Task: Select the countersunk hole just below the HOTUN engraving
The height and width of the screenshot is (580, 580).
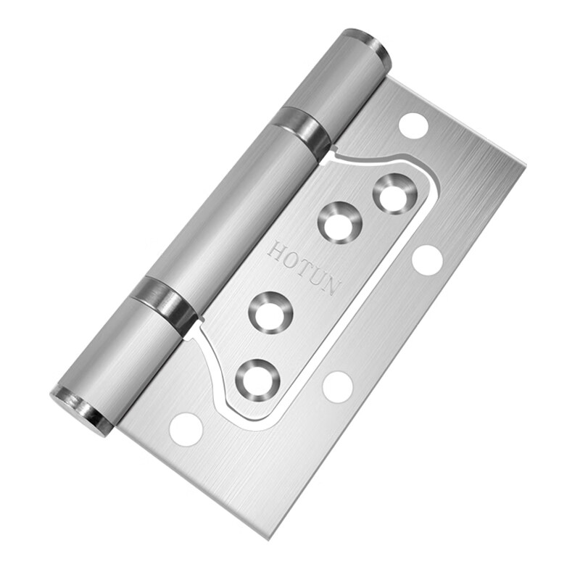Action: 270,312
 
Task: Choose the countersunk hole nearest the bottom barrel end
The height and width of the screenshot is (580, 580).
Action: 257,378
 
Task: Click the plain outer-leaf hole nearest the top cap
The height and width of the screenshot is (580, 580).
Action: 413,125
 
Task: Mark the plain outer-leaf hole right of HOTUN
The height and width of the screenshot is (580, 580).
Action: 428,260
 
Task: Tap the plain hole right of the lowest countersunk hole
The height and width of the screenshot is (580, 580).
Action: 337,386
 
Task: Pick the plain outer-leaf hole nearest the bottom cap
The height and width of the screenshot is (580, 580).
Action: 186,429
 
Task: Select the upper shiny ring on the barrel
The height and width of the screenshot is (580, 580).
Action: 303,130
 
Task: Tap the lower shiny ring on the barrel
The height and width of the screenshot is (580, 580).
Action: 163,302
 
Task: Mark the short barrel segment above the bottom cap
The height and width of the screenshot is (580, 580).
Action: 120,355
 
